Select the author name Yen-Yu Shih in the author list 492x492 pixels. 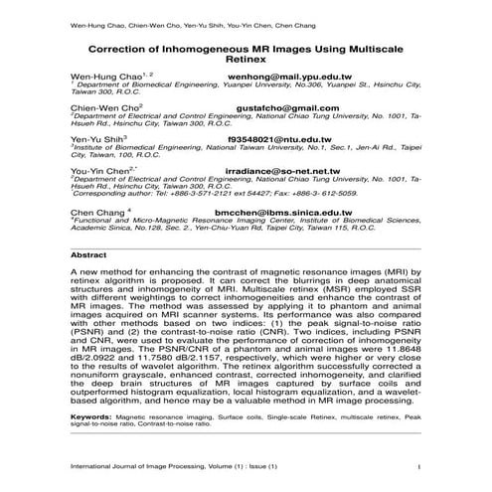click(95, 140)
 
